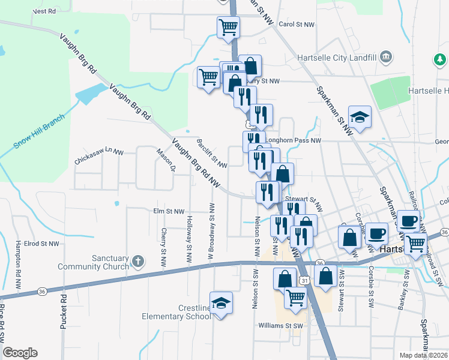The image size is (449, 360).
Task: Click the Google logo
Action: pos(20,353)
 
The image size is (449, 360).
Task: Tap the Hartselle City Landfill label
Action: pos(337,58)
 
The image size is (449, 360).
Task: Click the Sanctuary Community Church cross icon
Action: pos(138,260)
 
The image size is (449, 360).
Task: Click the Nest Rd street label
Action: pos(44,11)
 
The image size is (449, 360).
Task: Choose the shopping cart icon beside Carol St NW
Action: pos(228,26)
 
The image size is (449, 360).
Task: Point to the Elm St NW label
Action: pos(168,211)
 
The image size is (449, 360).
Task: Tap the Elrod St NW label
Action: pos(42,244)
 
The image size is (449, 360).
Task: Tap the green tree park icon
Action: pos(440,59)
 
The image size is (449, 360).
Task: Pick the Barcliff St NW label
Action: pos(211,154)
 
